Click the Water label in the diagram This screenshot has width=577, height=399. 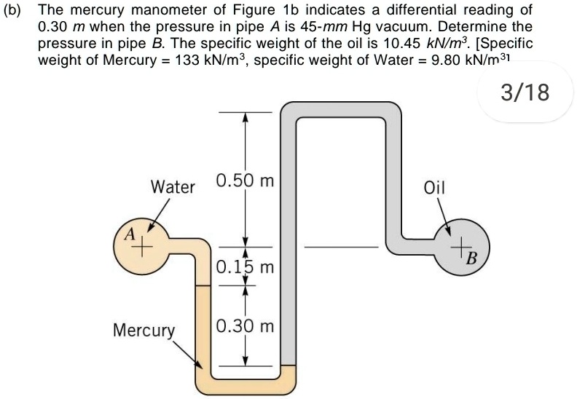(x=173, y=186)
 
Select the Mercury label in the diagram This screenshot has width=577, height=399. (x=144, y=330)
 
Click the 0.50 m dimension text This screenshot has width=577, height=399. (x=245, y=181)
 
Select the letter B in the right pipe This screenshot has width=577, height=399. (x=471, y=258)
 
